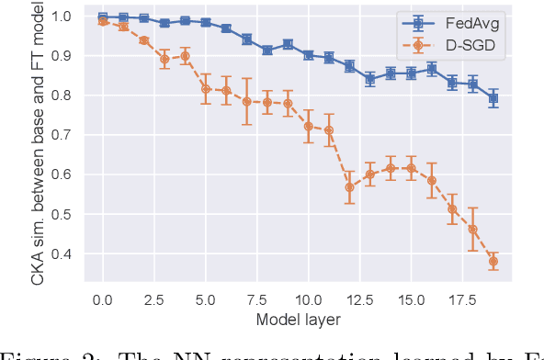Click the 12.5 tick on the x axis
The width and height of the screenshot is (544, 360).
pyautogui.click(x=359, y=300)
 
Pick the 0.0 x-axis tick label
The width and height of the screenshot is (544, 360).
pyautogui.click(x=103, y=300)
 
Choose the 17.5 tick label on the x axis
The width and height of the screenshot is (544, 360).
pyautogui.click(x=462, y=300)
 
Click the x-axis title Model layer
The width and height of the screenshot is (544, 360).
pyautogui.click(x=298, y=320)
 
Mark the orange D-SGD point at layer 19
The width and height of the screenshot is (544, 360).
pyautogui.click(x=493, y=261)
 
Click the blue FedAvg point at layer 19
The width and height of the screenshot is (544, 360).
pyautogui.click(x=493, y=98)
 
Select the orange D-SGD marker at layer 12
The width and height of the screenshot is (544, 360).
pyautogui.click(x=349, y=186)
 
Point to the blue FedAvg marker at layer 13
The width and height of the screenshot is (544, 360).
pyautogui.click(x=370, y=79)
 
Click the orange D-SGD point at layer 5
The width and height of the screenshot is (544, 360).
pyautogui.click(x=206, y=89)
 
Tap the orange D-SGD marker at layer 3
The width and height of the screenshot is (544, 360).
pyautogui.click(x=164, y=59)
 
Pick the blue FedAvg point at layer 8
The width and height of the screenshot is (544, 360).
pyautogui.click(x=267, y=50)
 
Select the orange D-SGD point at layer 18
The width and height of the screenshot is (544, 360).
pyautogui.click(x=472, y=229)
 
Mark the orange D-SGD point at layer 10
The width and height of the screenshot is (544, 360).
pyautogui.click(x=308, y=126)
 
